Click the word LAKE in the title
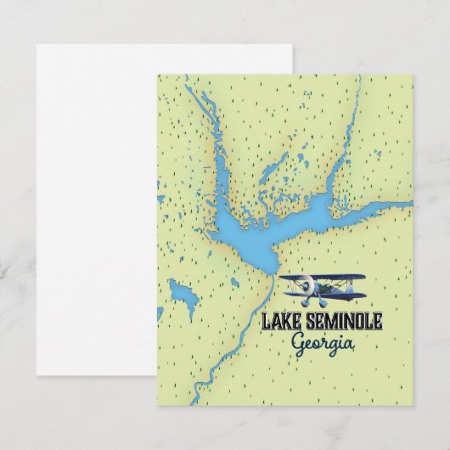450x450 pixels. click(x=281, y=322)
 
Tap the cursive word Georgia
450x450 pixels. click(x=323, y=342)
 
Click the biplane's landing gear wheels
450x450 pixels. click(x=320, y=304)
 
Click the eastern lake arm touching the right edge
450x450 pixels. click(x=399, y=205)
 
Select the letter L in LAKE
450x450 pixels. click(x=267, y=322)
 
